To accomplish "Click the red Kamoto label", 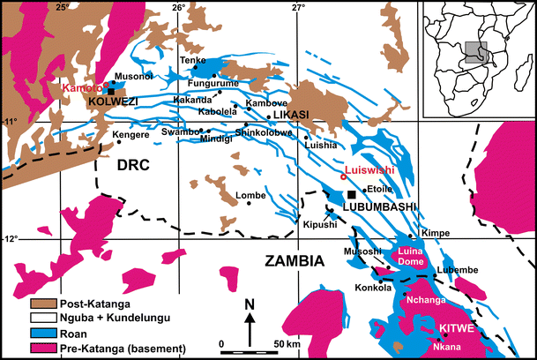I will point(80,88).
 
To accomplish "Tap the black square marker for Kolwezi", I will point(111,90).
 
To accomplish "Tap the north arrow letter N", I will point(250,305).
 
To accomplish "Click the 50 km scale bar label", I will point(285,341).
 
